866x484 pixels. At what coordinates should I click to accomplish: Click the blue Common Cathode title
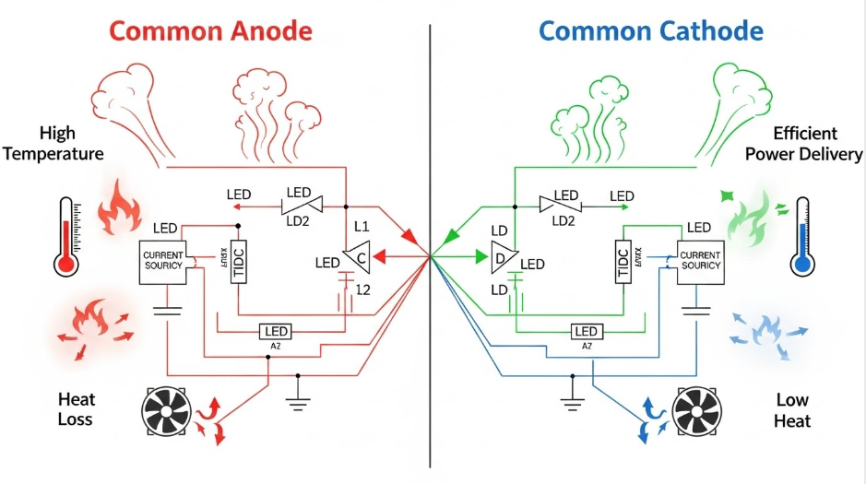(x=650, y=30)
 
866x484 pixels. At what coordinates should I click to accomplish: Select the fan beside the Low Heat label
(x=698, y=411)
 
